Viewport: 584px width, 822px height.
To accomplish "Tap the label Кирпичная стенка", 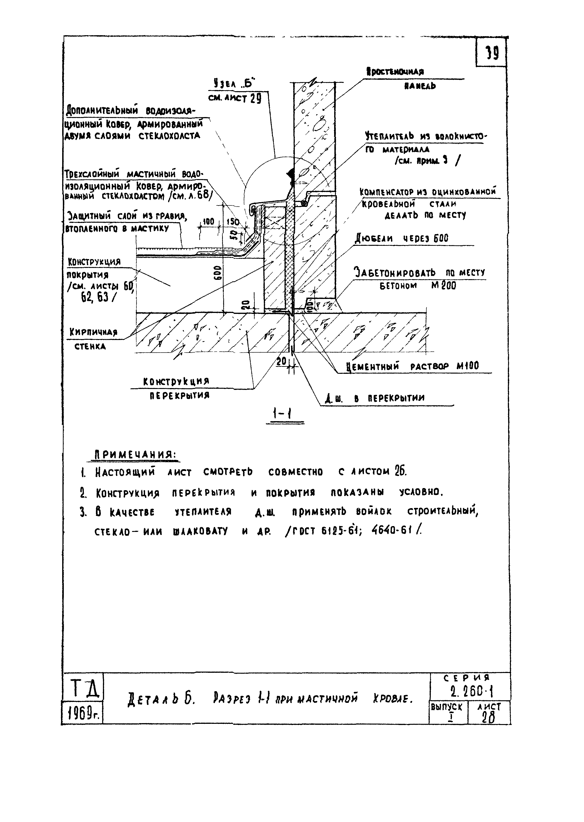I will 93,339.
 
